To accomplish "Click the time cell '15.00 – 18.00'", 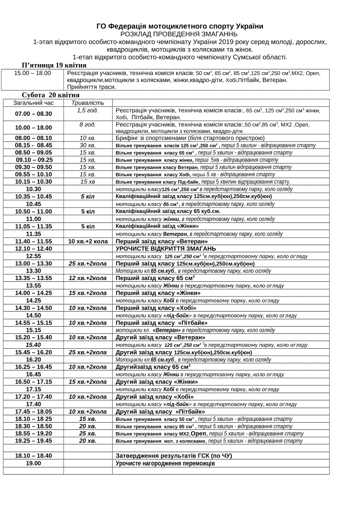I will (33, 73).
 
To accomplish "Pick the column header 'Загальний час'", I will (33, 102).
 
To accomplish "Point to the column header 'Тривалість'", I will (88, 102).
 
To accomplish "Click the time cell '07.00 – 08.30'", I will (33, 114).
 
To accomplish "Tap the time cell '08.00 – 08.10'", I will (33, 138).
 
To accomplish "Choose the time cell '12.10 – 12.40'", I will (33, 248).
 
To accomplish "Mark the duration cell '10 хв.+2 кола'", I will (88, 241).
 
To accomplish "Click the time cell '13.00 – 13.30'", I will (33, 263).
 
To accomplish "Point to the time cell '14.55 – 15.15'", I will (33, 323).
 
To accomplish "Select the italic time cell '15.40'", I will (33, 345).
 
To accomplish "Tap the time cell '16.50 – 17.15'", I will (33, 382).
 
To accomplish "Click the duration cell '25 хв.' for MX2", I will (88, 433).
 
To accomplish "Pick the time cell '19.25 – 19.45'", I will (33, 441).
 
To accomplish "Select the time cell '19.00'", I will (33, 463).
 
